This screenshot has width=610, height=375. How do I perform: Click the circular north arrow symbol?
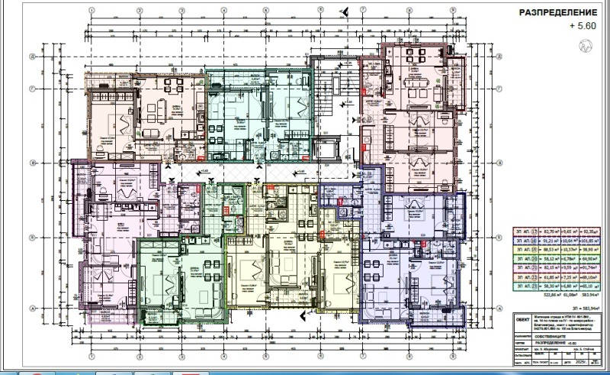tap(586, 46)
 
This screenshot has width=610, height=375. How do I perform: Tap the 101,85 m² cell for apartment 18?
tap(589, 238)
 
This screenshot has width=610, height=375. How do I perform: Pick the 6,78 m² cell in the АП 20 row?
tap(567, 258)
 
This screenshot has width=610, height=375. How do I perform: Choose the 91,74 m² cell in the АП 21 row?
tap(589, 268)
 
